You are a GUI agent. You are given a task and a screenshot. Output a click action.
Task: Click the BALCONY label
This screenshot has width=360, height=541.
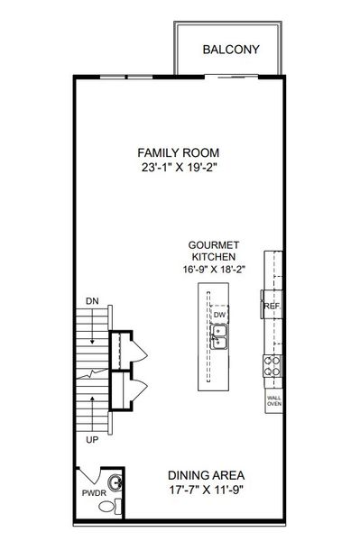point(232,50)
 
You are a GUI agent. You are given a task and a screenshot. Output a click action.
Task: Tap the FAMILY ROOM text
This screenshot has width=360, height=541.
point(179,152)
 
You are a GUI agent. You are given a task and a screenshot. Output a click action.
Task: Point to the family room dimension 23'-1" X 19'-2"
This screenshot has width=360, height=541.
point(179,168)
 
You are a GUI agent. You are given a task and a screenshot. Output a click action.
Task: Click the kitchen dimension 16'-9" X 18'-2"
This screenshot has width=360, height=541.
point(213,269)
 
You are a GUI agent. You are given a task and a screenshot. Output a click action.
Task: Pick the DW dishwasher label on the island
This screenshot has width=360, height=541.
point(218,315)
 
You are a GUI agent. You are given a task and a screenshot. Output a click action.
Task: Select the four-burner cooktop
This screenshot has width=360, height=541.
point(272,366)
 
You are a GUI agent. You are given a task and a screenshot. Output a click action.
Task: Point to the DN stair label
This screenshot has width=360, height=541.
point(92,300)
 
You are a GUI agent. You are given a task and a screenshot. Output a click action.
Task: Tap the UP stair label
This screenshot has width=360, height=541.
point(92,442)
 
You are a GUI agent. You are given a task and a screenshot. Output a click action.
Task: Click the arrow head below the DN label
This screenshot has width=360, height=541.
point(92,344)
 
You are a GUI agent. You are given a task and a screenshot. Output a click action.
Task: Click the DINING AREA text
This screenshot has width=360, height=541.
point(208,475)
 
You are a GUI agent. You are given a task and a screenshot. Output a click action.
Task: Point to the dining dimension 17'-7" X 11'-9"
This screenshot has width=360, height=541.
point(208,491)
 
